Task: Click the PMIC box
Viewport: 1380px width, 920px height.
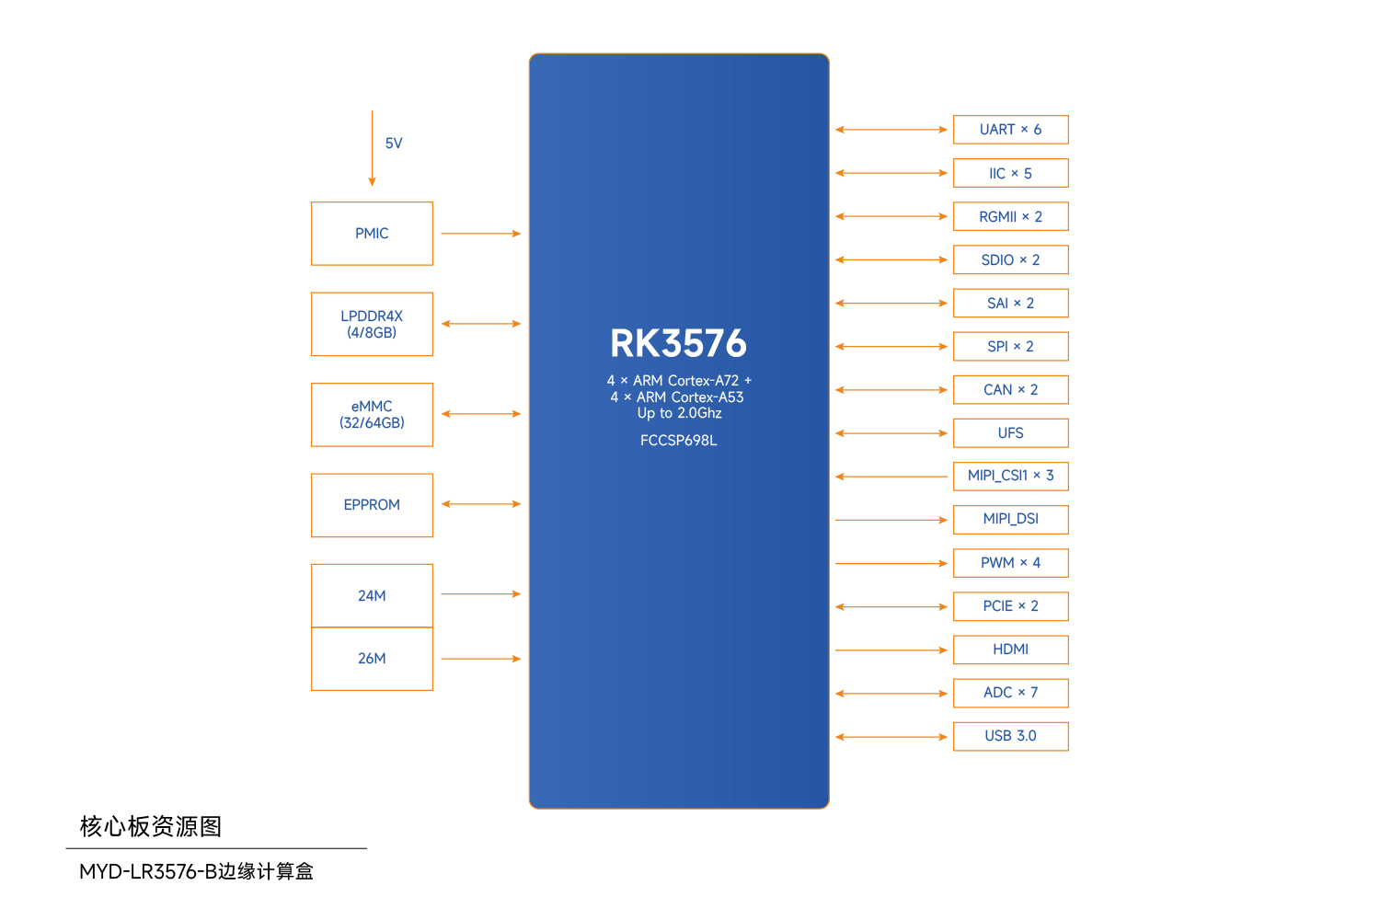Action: click(x=372, y=234)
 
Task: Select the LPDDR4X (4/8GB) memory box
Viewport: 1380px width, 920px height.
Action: click(x=372, y=324)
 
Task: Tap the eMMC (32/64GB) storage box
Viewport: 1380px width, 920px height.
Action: click(x=372, y=415)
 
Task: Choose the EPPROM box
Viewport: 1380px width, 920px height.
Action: click(x=372, y=505)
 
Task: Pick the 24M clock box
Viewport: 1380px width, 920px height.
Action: click(x=372, y=595)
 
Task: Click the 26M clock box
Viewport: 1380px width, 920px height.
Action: click(x=372, y=659)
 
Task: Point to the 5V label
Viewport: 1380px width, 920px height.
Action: click(x=394, y=144)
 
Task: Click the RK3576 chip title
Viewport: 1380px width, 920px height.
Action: click(x=679, y=343)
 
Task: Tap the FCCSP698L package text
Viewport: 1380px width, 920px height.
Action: click(x=679, y=441)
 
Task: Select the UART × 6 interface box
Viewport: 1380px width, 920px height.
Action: click(x=1010, y=130)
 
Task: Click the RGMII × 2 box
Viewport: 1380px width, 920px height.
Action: click(x=1010, y=216)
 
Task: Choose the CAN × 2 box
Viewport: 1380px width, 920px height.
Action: click(x=1010, y=390)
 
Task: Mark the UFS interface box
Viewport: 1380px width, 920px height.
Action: click(x=1010, y=433)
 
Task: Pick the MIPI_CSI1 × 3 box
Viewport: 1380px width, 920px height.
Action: click(x=1010, y=476)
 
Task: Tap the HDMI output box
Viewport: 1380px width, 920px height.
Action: click(x=1010, y=650)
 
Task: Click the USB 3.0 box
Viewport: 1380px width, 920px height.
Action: click(x=1010, y=736)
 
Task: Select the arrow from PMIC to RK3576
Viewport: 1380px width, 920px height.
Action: click(x=480, y=234)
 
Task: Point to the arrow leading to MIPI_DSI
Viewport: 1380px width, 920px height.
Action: click(x=891, y=520)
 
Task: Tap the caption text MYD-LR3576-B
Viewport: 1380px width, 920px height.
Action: click(x=147, y=871)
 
